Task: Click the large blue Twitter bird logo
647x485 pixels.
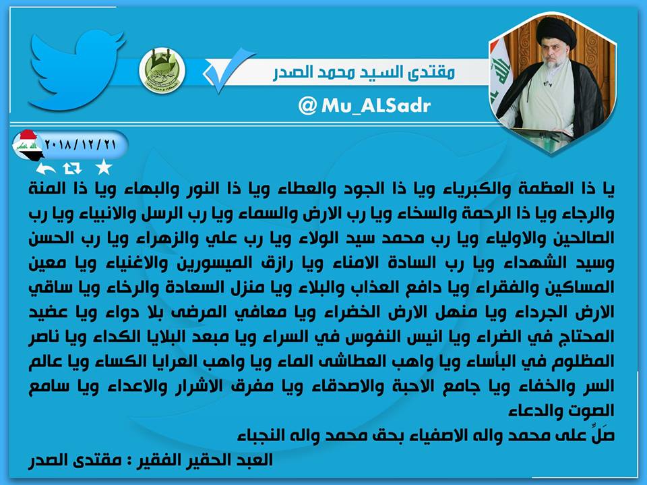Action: click(x=76, y=70)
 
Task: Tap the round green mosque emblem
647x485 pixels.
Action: click(x=162, y=71)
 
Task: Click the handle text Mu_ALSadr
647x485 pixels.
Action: click(x=376, y=105)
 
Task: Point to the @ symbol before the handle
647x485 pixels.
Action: click(x=307, y=106)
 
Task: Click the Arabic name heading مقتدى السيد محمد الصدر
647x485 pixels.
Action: click(x=363, y=72)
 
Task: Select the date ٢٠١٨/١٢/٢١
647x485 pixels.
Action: click(x=80, y=144)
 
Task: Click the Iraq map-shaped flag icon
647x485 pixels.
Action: click(x=27, y=145)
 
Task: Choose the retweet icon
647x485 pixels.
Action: click(x=72, y=168)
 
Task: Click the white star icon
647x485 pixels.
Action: click(x=103, y=168)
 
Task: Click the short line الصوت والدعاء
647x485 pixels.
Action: click(x=561, y=411)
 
